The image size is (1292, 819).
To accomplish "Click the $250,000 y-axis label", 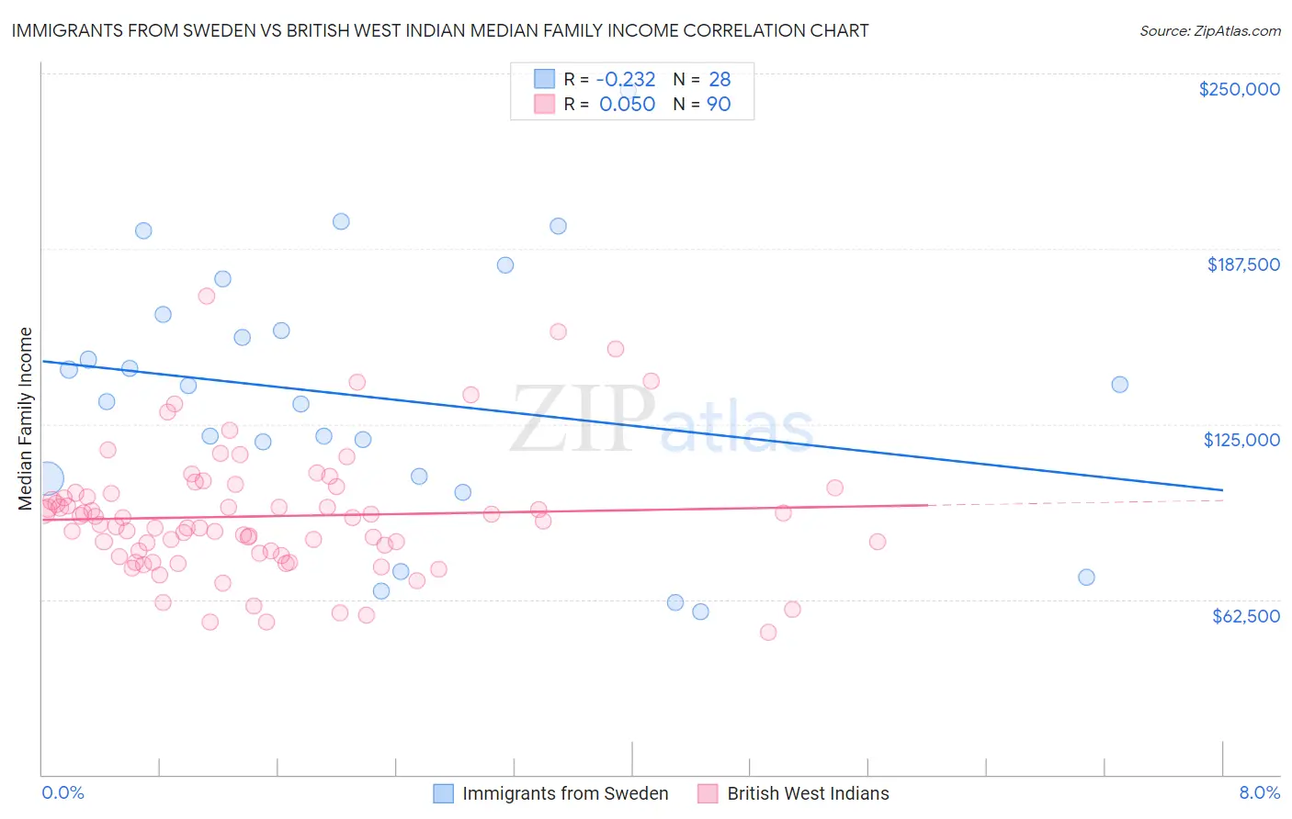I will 1239,89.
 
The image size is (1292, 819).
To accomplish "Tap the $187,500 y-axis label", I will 1242,264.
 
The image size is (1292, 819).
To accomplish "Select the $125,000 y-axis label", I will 1241,440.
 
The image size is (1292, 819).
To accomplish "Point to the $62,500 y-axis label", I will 1245,616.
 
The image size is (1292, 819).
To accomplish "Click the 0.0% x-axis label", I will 62,792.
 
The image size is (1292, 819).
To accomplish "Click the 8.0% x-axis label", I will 1259,792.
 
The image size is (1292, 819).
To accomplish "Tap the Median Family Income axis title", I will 26,419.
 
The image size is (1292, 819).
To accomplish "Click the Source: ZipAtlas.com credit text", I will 1209,31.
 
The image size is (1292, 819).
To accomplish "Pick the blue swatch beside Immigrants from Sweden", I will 444,793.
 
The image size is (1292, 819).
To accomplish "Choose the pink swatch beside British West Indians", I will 708,793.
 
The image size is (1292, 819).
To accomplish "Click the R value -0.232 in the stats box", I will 627,80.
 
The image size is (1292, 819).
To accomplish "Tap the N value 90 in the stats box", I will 719,105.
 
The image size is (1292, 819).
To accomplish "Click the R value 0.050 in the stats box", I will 627,105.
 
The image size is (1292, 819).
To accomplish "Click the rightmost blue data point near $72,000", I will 1086,578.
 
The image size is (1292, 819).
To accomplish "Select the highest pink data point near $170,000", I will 207,296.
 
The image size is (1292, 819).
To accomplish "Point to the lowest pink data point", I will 768,632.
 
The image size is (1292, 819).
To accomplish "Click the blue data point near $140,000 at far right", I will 1119,385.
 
